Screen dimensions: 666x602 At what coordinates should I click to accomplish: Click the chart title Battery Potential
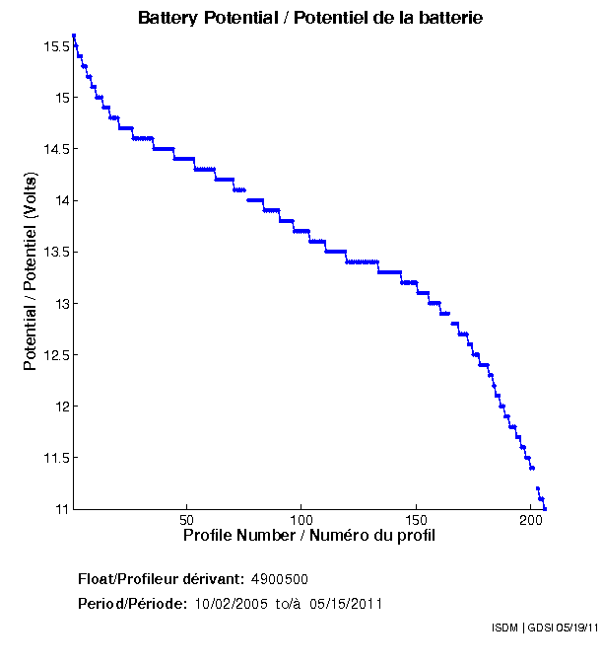point(310,19)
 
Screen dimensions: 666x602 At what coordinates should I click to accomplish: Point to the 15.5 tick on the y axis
point(54,46)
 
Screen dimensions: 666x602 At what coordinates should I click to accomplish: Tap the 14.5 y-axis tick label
point(54,149)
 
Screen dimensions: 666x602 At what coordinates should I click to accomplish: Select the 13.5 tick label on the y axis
point(54,252)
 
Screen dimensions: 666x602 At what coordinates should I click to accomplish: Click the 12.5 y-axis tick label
point(54,354)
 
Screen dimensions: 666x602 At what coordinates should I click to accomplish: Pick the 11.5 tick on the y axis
point(54,457)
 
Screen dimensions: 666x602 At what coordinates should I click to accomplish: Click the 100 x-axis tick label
point(301,520)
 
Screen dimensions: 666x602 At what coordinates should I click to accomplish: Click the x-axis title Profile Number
point(309,536)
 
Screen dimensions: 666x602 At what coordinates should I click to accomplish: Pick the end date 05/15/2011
point(346,604)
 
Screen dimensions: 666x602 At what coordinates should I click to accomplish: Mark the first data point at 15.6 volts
point(74,37)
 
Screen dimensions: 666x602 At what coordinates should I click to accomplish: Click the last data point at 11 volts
point(545,508)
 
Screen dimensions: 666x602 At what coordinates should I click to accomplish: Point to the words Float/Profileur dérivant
point(162,578)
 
